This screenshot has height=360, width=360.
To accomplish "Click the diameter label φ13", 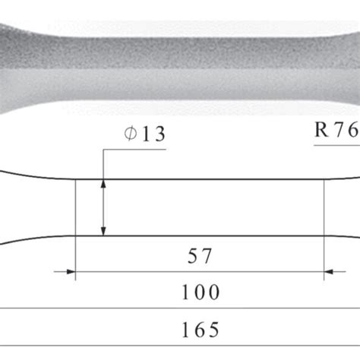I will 144,134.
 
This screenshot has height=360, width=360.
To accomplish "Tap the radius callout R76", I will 336,131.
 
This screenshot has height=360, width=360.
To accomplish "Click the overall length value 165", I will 201,329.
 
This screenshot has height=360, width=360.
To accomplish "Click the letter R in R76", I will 322,131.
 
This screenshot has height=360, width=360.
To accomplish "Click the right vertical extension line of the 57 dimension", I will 324,228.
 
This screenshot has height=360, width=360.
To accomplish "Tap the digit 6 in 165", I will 201,329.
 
